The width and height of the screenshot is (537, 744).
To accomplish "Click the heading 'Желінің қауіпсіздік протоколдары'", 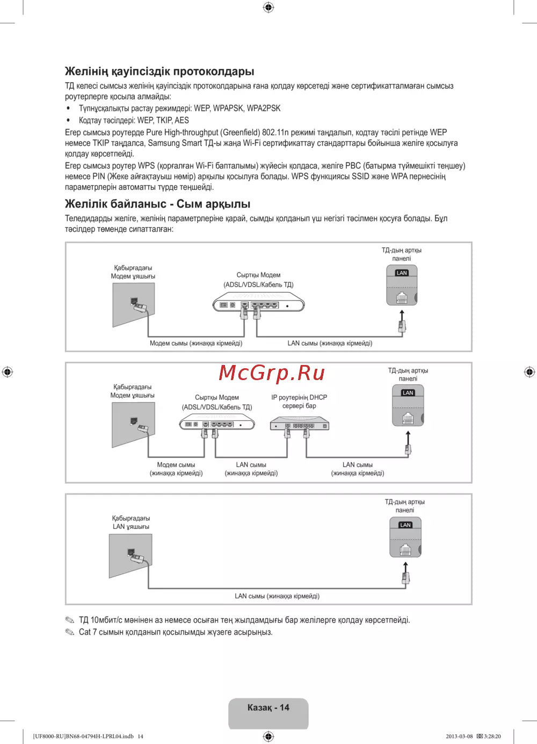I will [x=159, y=71].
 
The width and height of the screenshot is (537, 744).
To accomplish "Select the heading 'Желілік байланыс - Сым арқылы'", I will [x=157, y=204].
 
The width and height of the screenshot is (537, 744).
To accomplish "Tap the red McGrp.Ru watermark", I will [x=272, y=373].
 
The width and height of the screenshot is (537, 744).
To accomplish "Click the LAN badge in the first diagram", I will [x=402, y=273].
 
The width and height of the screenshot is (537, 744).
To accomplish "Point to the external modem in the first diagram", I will [x=259, y=304].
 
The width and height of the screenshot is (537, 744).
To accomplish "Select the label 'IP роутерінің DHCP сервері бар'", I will [x=299, y=402].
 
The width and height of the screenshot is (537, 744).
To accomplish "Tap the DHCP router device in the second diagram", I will [x=299, y=425].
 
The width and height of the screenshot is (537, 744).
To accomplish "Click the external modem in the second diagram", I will [x=217, y=424].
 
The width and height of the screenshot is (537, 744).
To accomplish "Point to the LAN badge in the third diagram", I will [x=405, y=525].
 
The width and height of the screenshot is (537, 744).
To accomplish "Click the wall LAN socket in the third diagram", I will [x=130, y=556].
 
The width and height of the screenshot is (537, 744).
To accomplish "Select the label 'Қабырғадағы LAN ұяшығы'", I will [x=131, y=523].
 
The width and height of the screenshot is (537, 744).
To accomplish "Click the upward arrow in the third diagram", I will [x=405, y=567].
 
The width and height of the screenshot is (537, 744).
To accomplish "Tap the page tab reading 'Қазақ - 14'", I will [x=268, y=708].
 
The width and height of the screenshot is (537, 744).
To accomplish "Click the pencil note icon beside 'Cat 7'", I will [x=70, y=632].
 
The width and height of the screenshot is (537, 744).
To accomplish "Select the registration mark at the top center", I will [x=268, y=7].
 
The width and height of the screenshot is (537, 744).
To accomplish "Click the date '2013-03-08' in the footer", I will [x=459, y=736].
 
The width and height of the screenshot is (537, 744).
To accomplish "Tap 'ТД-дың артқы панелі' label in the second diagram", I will [x=408, y=375].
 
